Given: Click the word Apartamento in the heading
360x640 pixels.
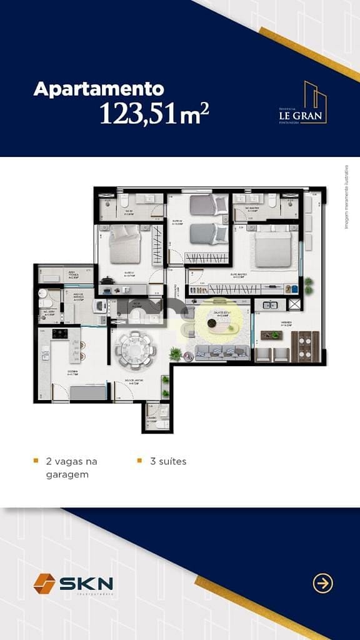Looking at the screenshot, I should click(98, 89).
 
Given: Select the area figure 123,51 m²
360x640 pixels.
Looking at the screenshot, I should click(154, 113).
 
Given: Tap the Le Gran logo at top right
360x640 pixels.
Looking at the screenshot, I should click(303, 103).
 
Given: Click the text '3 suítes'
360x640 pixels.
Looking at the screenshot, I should click(168, 461).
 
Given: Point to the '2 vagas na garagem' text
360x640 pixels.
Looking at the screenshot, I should click(71, 467).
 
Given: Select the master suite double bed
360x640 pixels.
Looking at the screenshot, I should click(273, 249).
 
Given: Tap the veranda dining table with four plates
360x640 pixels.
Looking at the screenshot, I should click(304, 346).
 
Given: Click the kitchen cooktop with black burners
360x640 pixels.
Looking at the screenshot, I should click(60, 334).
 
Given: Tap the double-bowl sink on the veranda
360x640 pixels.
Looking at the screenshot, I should click(271, 305).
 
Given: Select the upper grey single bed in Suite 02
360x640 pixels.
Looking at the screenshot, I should click(208, 204).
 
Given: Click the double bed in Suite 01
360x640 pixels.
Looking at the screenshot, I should click(125, 244).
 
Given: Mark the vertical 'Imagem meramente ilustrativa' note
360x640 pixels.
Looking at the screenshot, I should click(346, 196).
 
